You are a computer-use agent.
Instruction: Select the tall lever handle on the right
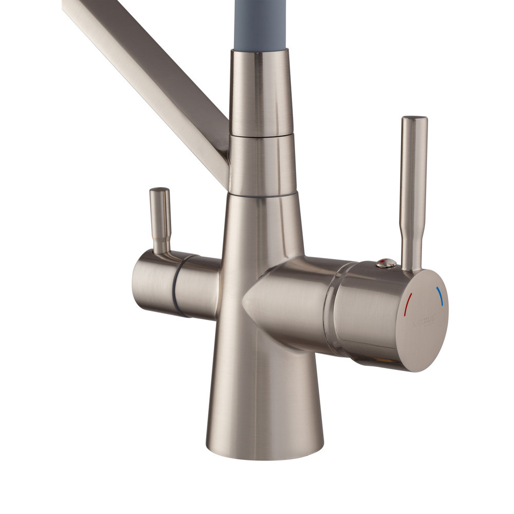tap(413, 195)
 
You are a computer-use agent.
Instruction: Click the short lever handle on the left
tap(160, 221)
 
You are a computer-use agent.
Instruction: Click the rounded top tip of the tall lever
tap(414, 120)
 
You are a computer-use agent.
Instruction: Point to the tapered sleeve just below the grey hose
tap(260, 93)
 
